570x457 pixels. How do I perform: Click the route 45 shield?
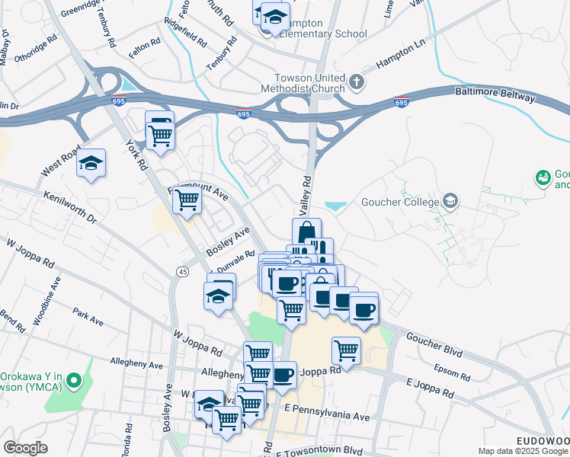(182, 272)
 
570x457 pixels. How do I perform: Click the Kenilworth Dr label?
(71, 207)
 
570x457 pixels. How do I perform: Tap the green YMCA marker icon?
(74, 379)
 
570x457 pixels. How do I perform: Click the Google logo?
(25, 448)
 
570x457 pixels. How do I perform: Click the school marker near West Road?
(91, 164)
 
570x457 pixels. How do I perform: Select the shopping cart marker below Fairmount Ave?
(187, 201)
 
